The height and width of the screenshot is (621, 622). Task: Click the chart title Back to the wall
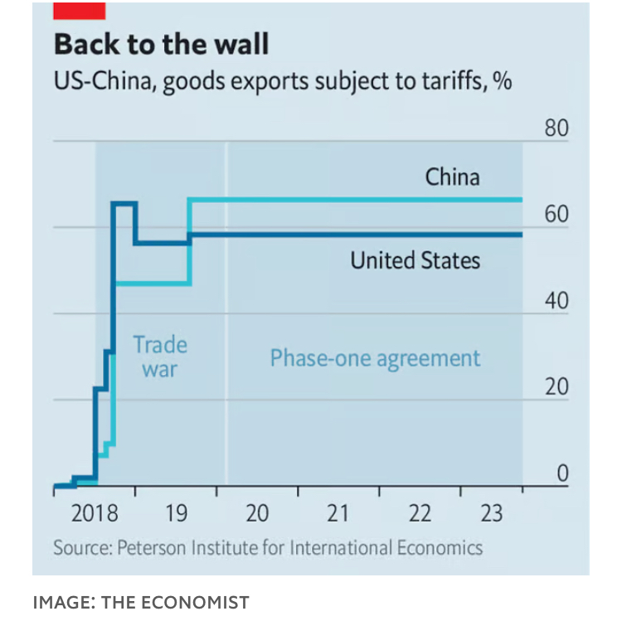pos(161,44)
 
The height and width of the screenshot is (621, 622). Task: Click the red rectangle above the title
pos(79,11)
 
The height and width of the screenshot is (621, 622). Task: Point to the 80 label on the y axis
pos(556,130)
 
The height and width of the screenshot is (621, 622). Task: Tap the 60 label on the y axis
pos(556,215)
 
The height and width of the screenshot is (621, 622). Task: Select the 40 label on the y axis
pos(556,301)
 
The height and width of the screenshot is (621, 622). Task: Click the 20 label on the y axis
pos(556,387)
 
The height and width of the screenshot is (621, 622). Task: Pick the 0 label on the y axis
pos(561,473)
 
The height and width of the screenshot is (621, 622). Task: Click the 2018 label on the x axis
pos(95,514)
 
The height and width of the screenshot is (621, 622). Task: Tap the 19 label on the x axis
pos(176,514)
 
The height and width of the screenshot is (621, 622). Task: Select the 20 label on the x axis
pos(257,514)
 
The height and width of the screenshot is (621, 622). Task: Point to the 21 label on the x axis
pos(338,514)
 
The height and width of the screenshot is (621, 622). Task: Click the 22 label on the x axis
pos(420,514)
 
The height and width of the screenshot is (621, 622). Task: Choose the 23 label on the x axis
pos(492,514)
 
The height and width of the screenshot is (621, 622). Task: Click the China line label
pos(452,177)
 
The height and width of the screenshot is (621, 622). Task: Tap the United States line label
pos(415,260)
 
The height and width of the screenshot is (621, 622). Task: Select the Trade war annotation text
pos(159,357)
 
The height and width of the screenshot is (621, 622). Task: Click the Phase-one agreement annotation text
pos(375,358)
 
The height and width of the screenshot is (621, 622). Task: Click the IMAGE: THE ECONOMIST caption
pos(140,602)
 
